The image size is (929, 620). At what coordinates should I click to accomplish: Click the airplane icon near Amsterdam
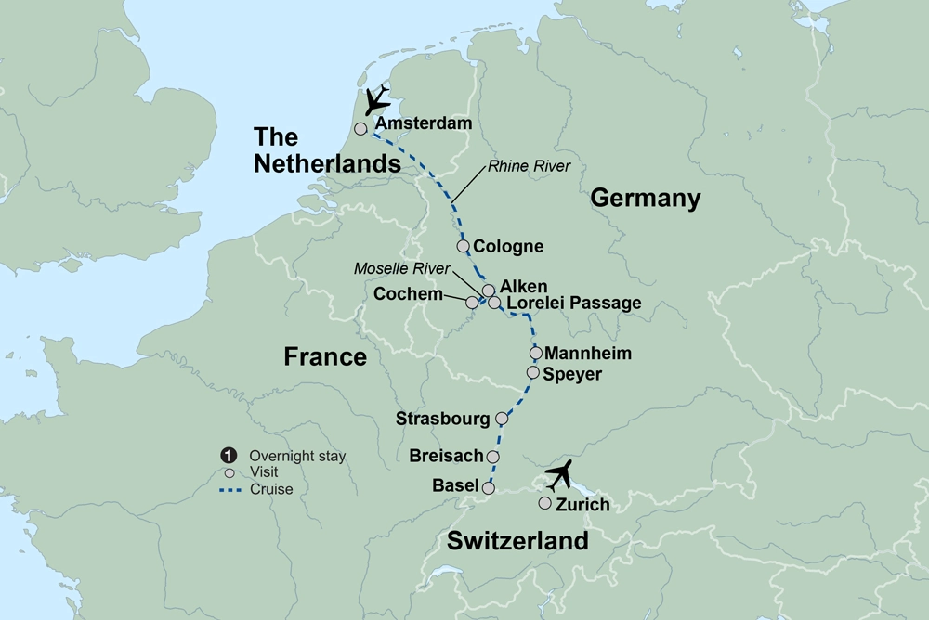coord(377,100)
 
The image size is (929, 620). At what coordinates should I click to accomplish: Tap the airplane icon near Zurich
coord(560,475)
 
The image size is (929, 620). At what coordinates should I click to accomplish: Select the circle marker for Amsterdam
coord(360,129)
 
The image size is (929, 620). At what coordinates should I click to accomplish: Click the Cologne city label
coord(508,247)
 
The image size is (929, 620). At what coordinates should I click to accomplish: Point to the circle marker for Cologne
coord(463,246)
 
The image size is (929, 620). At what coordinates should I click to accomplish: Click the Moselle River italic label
coord(402,268)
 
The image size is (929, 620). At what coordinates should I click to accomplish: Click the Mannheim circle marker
coord(535,353)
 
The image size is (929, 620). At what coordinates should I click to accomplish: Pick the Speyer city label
coord(573,374)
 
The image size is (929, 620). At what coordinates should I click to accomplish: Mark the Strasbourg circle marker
coord(502,418)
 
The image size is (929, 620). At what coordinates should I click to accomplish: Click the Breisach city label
coord(447,456)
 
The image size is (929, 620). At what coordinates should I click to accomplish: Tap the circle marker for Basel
coord(488,486)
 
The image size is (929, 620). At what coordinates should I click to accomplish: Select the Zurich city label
coord(582,505)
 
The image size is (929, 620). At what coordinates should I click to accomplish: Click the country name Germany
coord(645,198)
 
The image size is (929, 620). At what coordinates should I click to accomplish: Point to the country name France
coord(325,356)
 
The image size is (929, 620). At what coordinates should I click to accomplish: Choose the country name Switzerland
coord(517,541)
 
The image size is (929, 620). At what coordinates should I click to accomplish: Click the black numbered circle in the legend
coord(227,456)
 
